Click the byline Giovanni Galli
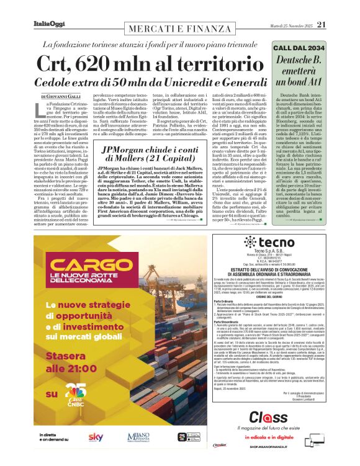click(x=61, y=97)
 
